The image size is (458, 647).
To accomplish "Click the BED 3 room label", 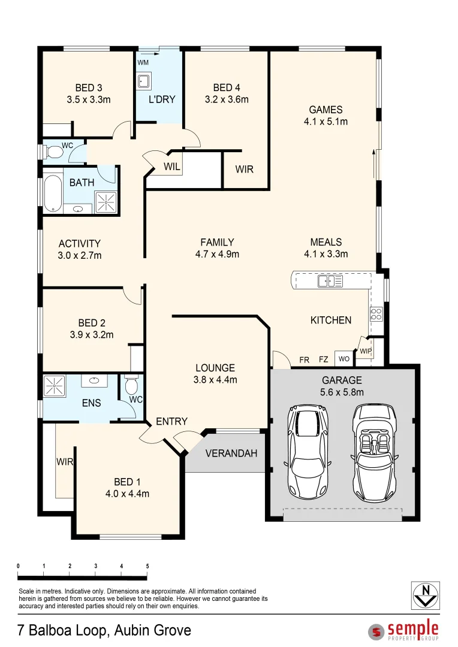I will tap(89, 89).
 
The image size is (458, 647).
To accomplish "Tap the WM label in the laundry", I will tap(143, 62).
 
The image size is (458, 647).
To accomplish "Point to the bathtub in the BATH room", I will tap(53, 193).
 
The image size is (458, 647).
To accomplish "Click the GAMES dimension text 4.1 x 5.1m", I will tap(326, 121).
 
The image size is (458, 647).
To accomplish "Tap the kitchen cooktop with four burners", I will tap(376, 314).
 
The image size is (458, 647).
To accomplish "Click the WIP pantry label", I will tap(366, 350).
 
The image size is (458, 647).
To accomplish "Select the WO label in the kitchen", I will tap(344, 359).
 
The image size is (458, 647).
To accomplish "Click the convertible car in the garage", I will tap(375, 453).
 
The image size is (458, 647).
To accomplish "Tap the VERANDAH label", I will tap(231, 453).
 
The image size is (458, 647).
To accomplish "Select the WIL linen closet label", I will tap(172, 167).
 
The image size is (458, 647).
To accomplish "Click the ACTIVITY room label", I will tap(80, 244).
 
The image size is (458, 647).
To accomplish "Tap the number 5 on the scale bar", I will tap(147, 566).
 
